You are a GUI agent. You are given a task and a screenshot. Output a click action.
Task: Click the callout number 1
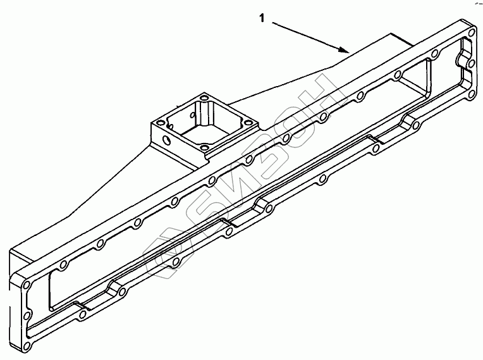tap(262, 18)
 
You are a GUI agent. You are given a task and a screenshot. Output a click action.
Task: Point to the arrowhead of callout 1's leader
tap(345, 49)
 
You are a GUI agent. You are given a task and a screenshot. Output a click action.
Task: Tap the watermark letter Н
tap(327, 94)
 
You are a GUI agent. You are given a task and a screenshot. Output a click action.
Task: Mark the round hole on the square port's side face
tap(167, 140)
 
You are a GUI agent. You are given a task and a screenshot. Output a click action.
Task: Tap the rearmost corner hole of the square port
tap(204, 98)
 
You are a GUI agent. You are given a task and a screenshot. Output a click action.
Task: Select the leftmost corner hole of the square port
tap(161, 123)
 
